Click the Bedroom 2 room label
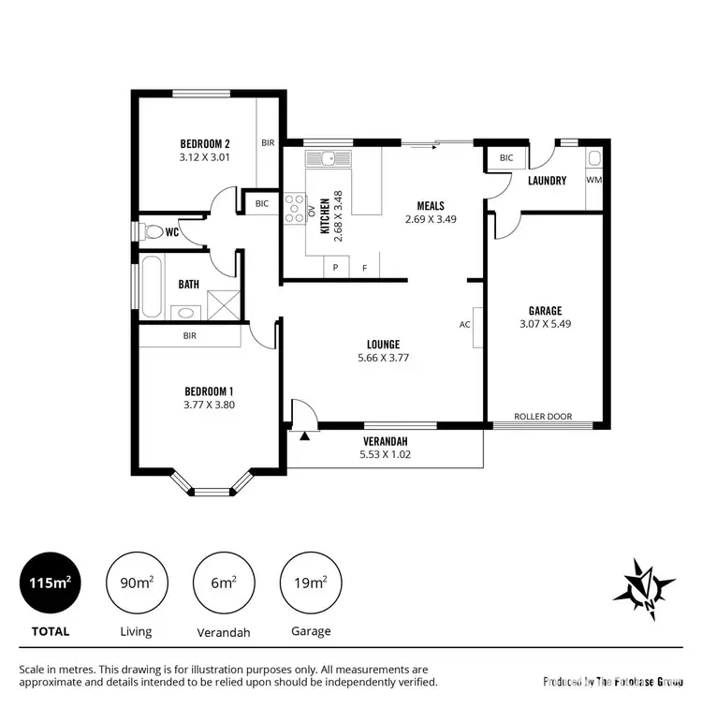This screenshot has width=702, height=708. pyautogui.click(x=205, y=143)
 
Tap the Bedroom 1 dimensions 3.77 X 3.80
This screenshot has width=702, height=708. pyautogui.click(x=209, y=405)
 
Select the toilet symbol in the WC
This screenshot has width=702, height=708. pyautogui.click(x=152, y=231)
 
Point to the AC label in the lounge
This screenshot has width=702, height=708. pyautogui.click(x=464, y=325)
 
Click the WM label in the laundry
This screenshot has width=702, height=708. pyautogui.click(x=593, y=179)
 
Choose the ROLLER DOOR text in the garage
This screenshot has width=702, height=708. pyautogui.click(x=543, y=416)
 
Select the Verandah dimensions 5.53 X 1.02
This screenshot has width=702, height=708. pyautogui.click(x=385, y=454)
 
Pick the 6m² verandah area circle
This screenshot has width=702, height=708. pyautogui.click(x=223, y=583)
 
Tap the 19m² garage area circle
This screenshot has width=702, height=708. pyautogui.click(x=311, y=583)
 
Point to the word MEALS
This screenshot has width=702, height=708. pyautogui.click(x=430, y=206)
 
